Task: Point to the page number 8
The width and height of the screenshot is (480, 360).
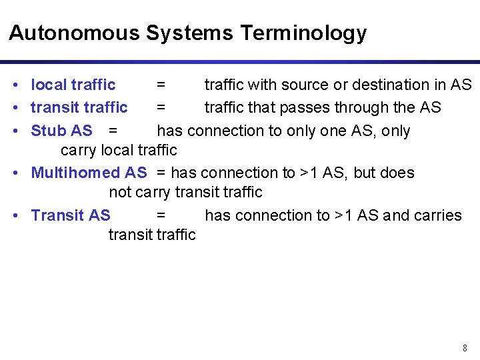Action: (465, 348)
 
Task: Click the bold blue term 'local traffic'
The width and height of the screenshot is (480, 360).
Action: (73, 85)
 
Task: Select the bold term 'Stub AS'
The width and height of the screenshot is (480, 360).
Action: (62, 131)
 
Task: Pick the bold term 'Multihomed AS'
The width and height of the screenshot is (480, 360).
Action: (89, 173)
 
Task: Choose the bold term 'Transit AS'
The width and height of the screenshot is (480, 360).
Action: (71, 215)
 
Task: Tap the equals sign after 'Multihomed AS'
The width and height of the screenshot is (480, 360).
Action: (162, 173)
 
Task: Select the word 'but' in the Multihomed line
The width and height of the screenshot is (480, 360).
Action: (365, 173)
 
